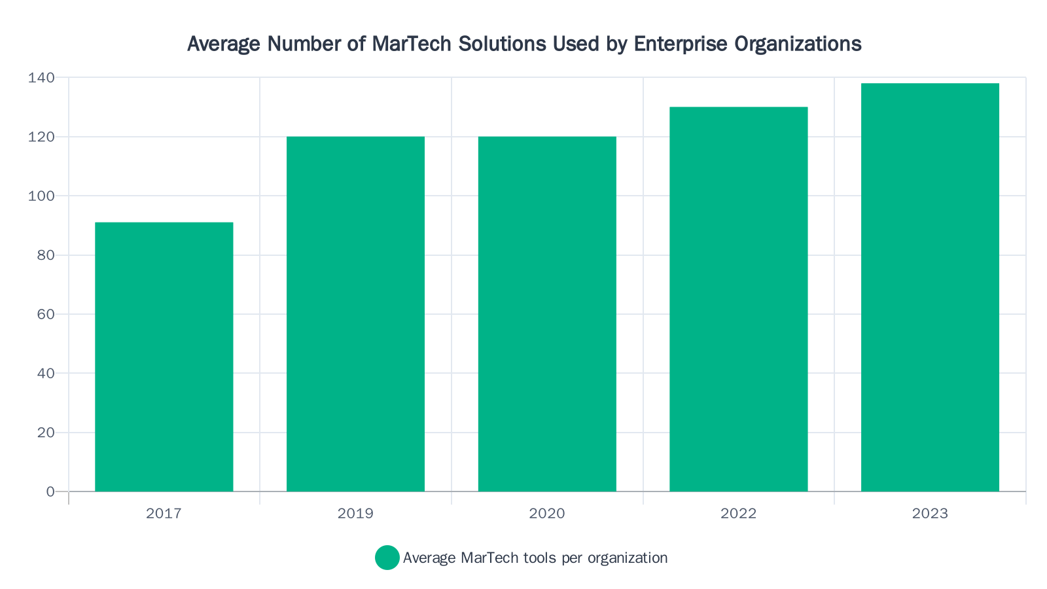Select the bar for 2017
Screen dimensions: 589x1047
(164, 357)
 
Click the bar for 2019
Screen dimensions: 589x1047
(355, 314)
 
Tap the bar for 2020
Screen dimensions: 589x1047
(547, 314)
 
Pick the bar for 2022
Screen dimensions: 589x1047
(738, 299)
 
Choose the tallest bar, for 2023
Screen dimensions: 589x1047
(930, 287)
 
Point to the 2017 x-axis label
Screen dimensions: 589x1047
(164, 514)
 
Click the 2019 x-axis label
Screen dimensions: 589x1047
(355, 514)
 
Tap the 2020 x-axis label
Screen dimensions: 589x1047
(547, 514)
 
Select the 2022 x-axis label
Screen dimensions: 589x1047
(738, 514)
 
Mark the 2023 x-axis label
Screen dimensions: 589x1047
(930, 514)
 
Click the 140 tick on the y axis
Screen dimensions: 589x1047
(41, 78)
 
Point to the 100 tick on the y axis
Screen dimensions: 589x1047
(41, 196)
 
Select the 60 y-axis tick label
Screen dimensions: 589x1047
(45, 314)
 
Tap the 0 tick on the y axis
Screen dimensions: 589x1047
(50, 491)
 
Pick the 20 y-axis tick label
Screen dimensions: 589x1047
(45, 433)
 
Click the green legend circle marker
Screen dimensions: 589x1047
(387, 558)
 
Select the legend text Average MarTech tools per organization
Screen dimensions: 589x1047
(535, 558)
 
